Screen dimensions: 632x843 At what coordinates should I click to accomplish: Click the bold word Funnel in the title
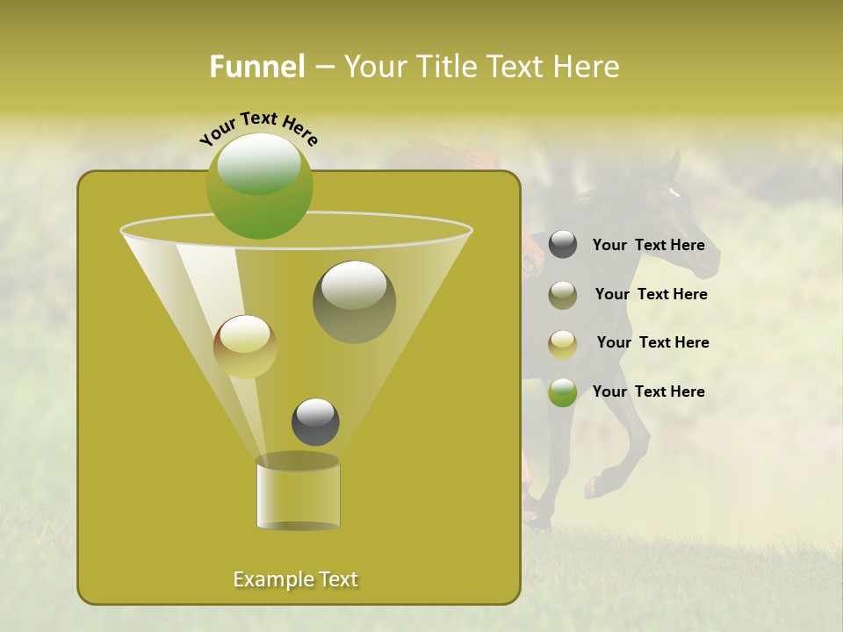pos(257,67)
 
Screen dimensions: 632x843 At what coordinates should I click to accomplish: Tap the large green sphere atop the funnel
pos(259,185)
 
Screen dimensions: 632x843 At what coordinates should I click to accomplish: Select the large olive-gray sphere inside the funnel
pos(354,301)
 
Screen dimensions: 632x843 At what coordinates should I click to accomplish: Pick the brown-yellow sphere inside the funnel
pos(245,346)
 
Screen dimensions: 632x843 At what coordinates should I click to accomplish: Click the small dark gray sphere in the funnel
pos(315,421)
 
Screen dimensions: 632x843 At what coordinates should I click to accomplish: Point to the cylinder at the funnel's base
pos(298,493)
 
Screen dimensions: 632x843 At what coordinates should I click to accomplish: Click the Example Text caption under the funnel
pos(296,579)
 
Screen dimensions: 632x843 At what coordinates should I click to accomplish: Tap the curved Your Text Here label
pos(258,128)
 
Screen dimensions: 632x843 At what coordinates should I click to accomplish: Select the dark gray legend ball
pos(563,245)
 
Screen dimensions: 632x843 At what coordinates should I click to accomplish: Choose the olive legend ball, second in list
pos(563,294)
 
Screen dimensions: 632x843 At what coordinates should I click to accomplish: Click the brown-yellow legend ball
pos(563,343)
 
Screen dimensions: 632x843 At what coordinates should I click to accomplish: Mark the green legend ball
pos(563,392)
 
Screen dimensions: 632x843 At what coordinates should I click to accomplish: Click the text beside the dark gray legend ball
pos(648,246)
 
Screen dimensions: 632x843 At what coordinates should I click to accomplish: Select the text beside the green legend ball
pos(648,391)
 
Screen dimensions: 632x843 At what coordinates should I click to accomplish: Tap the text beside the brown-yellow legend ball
pos(652,342)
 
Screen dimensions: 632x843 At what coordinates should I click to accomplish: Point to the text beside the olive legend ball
pos(651,294)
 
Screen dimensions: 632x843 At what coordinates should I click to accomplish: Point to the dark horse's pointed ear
pos(674,162)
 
